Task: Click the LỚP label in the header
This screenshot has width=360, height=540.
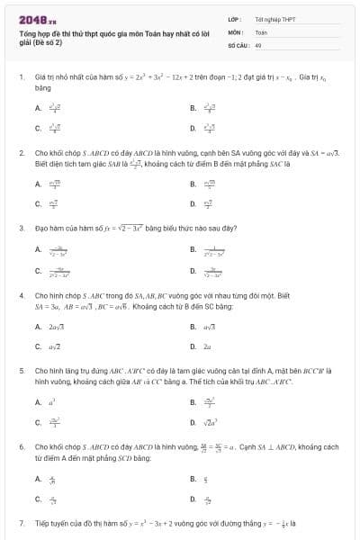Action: coord(233,19)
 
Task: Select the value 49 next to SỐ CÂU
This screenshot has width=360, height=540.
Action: coord(258,43)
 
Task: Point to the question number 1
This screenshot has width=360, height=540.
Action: coord(21,78)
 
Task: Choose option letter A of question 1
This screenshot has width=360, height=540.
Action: coord(38,108)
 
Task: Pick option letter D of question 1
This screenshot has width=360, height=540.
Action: coord(193,128)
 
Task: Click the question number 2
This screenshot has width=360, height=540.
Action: coord(21,153)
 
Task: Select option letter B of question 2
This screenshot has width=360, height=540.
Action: coord(193,184)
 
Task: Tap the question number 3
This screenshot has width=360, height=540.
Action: coord(21,228)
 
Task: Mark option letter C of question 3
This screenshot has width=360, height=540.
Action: coord(38,270)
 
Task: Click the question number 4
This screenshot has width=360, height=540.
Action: coord(21,294)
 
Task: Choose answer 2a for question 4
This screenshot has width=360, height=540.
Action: coord(208,345)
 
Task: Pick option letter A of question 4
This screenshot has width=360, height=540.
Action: coord(38,325)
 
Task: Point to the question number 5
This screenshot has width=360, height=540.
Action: coord(21,369)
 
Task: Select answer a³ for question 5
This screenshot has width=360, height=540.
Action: coord(53,400)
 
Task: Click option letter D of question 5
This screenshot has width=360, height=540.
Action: coord(193,420)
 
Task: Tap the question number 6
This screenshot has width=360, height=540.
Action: coord(21,445)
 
